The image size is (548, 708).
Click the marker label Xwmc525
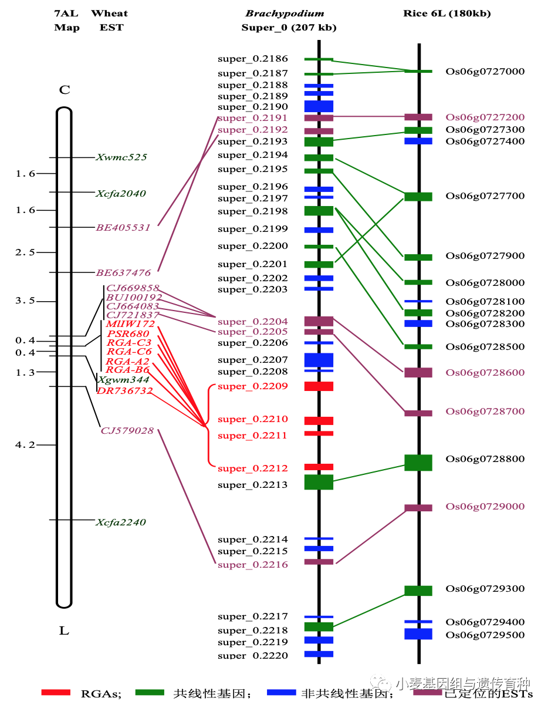pos(121,157)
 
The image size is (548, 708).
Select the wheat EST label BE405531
pos(123,227)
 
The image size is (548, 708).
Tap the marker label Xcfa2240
pos(121,522)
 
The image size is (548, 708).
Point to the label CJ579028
pos(127,430)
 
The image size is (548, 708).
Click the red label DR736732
pos(125,390)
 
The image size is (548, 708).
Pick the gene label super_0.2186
pos(253,59)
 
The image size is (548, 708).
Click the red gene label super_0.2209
pos(253,386)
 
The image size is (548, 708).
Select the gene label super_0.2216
pos(253,565)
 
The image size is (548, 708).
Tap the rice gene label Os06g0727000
pos(485,72)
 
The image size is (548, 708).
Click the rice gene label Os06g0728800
pos(485,459)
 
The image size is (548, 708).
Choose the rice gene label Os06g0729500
pos(485,635)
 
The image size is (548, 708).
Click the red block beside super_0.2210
pos(319,421)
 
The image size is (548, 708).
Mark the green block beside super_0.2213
pos(319,482)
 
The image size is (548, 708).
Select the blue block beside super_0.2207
pos(319,359)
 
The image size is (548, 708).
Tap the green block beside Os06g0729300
pos(418,591)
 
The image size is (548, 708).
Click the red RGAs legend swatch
pos(56,693)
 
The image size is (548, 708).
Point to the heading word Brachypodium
pos(285,14)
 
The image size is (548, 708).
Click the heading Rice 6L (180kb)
pos(447,14)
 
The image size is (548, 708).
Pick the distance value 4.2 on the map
pos(25,445)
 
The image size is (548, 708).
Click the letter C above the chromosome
pos(65,90)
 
